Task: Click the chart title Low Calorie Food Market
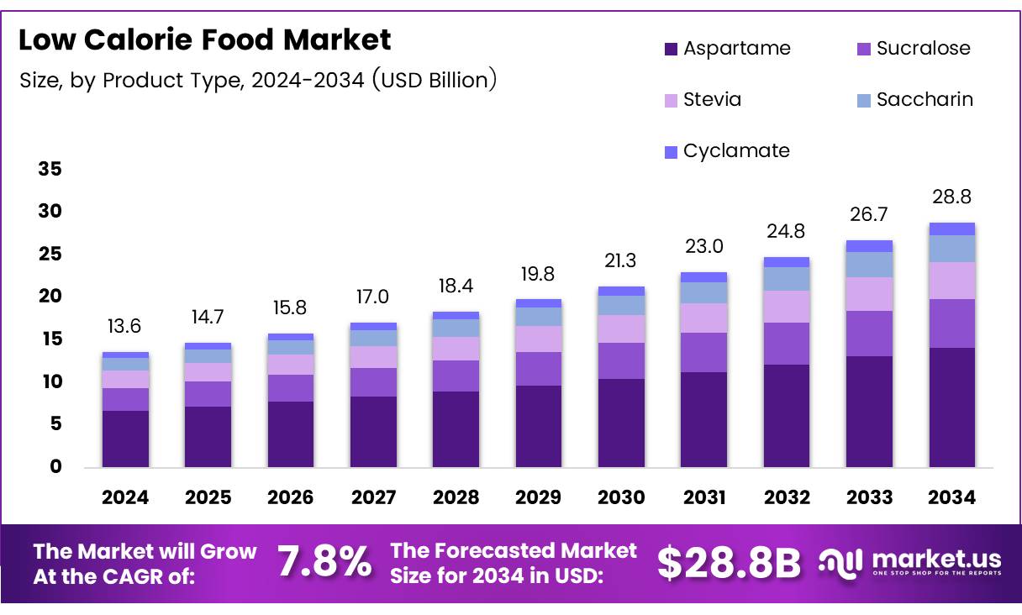coord(204,39)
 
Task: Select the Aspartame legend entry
coord(728,49)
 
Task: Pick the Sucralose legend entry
coord(914,49)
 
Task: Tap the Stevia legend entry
coord(703,100)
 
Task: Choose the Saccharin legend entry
coord(914,100)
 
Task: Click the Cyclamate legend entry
coord(727,151)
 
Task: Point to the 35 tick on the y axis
coord(50,170)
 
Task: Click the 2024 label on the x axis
coord(125,497)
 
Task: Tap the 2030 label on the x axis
coord(621,497)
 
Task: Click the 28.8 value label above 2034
coord(951,197)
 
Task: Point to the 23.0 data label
coord(703,247)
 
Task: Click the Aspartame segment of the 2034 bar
coord(951,407)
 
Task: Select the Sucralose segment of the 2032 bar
coord(787,344)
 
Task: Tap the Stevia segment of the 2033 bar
coord(869,294)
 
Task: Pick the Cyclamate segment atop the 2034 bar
coord(951,229)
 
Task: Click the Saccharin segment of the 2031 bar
coord(703,292)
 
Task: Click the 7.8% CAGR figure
coord(324,563)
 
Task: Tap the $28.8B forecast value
coord(729,563)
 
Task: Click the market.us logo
coord(910,562)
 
